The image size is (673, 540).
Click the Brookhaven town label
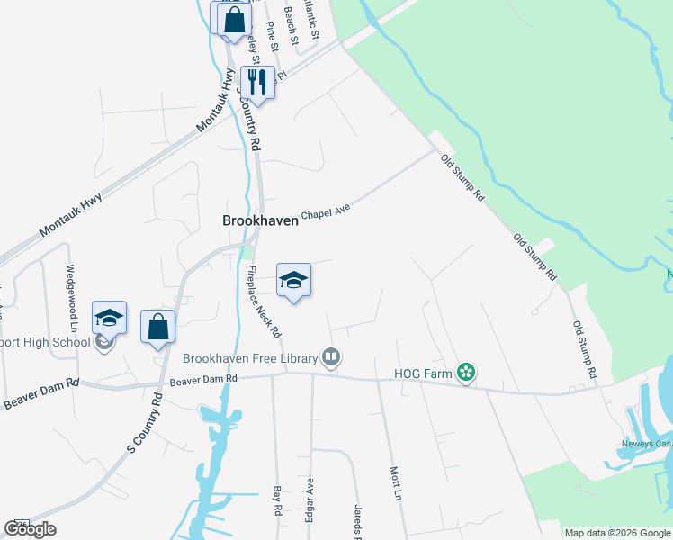(260, 220)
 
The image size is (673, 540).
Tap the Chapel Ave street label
(325, 212)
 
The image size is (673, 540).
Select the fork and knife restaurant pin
(257, 83)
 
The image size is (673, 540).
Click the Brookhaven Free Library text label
(250, 358)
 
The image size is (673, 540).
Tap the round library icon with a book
(331, 358)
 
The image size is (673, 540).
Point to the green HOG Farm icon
(465, 372)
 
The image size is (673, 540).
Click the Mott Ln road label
(394, 482)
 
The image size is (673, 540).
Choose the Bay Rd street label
(277, 501)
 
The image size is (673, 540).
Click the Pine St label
(270, 33)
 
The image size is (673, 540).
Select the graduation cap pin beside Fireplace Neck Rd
(293, 282)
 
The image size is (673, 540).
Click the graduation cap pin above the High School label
(109, 319)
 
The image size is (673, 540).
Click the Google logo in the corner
(31, 529)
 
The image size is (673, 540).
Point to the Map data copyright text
(617, 533)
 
